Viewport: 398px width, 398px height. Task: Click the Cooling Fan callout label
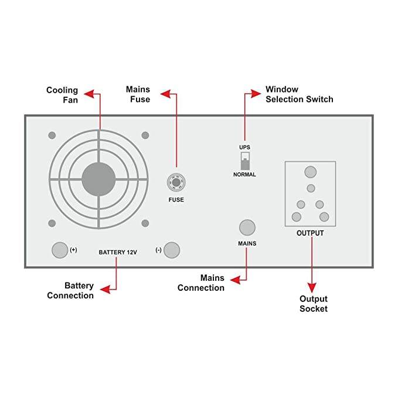(x=62, y=95)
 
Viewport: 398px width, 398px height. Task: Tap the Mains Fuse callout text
(x=138, y=94)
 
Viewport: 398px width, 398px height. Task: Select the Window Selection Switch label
(x=299, y=94)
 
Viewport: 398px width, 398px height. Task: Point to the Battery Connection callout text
(x=79, y=291)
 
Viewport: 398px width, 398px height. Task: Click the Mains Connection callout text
(x=201, y=283)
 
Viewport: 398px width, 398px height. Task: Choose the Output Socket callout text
(x=313, y=304)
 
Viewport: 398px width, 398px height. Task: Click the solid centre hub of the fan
(x=98, y=178)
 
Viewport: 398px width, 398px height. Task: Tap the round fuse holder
(x=176, y=182)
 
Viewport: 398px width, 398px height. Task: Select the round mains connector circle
(x=247, y=227)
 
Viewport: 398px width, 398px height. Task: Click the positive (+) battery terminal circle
(x=60, y=250)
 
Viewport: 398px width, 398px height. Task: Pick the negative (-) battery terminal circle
(x=171, y=250)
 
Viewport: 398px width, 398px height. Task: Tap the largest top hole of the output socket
(x=310, y=172)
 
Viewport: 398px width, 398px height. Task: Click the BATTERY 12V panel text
(x=117, y=251)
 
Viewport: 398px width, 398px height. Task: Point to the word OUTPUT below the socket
(x=310, y=233)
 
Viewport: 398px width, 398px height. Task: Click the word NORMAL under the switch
(x=244, y=175)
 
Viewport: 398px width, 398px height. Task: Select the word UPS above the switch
(x=244, y=147)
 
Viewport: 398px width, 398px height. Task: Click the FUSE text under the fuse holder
(x=176, y=200)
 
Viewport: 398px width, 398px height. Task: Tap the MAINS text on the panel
(x=247, y=243)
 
